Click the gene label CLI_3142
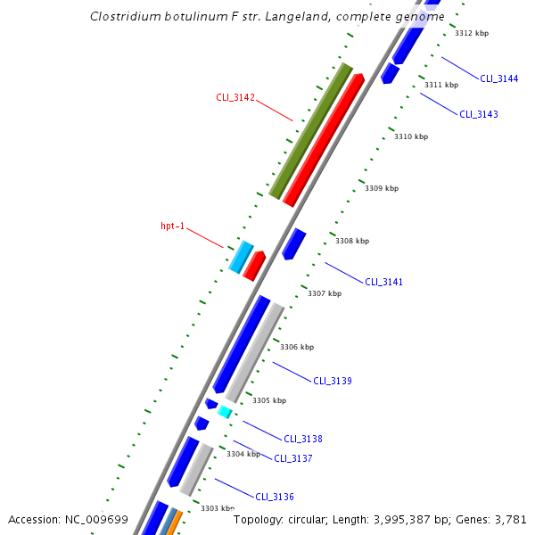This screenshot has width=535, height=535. pos(235,97)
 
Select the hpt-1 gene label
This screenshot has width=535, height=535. pos(173,226)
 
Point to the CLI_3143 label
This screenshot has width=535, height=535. pos(479,114)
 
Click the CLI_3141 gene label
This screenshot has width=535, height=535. pos(383,283)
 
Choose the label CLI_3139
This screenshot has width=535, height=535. pos(332,381)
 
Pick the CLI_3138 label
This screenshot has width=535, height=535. pos(303,439)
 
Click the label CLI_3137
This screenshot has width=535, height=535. pos(292,458)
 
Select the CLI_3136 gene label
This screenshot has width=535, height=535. pos(275,497)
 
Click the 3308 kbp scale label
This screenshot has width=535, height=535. pos(351,241)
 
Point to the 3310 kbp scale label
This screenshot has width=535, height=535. pos(411,136)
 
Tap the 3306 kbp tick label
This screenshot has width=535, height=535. pos(297,347)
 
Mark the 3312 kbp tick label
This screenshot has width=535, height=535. pos(472,33)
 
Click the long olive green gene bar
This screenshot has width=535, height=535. pos(311,131)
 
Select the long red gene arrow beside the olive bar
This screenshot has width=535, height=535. pos(324,140)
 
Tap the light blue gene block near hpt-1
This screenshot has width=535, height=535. pos(241,257)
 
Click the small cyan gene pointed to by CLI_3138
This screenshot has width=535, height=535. pos(225,412)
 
